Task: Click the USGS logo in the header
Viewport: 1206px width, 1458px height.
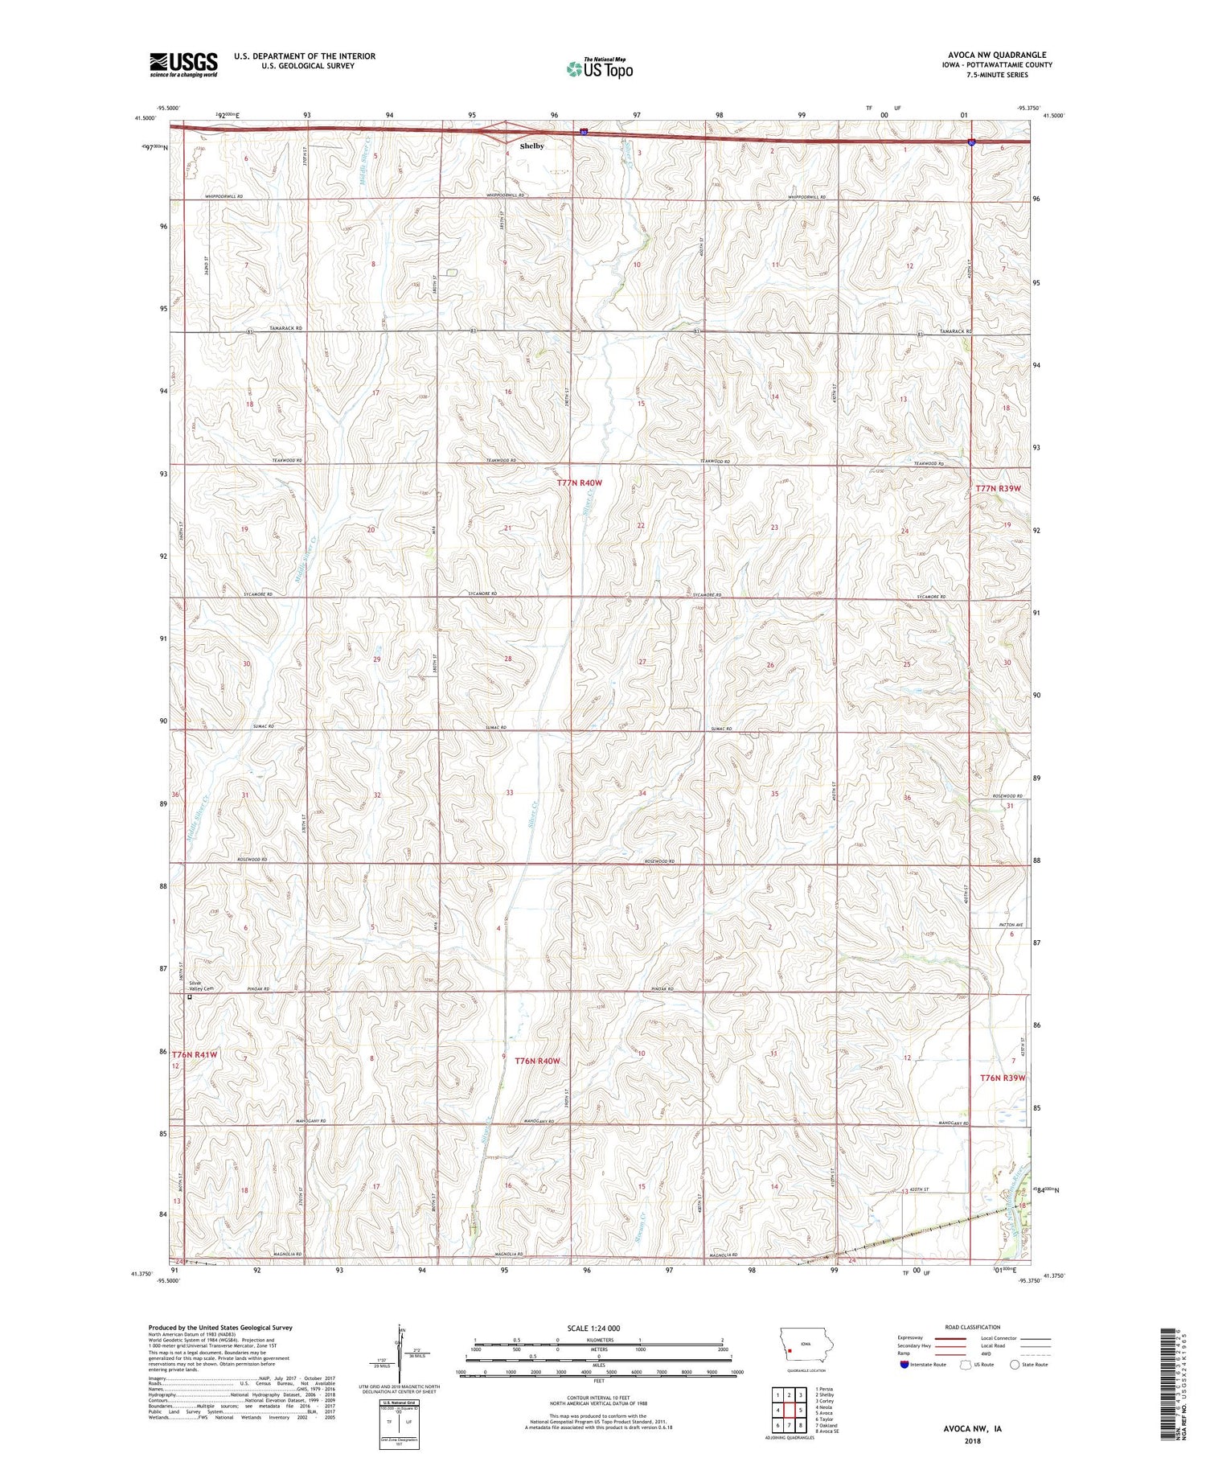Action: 183,64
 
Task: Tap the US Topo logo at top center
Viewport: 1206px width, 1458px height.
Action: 599,68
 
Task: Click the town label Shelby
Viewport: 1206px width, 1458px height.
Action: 531,146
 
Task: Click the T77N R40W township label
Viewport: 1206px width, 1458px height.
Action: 579,483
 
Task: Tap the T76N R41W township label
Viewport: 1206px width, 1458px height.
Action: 195,1054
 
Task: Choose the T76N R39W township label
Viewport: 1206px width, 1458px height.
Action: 1003,1078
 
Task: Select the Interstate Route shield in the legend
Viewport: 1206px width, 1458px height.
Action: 905,1364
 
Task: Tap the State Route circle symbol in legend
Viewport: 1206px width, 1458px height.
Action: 1015,1364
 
